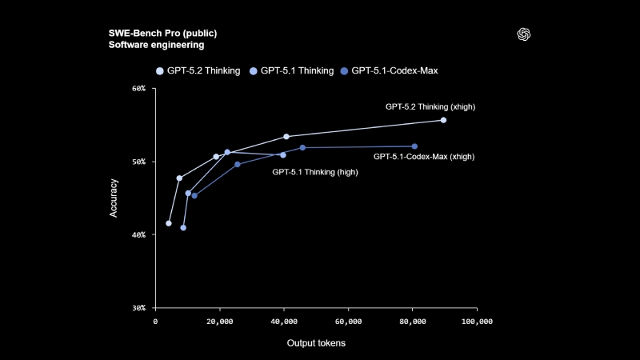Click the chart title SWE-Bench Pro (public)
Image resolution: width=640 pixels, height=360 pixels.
pos(162,33)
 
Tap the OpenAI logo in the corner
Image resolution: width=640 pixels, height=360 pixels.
pos(525,34)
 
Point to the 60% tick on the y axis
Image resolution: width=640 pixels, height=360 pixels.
pos(138,88)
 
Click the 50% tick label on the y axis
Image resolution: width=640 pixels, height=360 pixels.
pos(138,162)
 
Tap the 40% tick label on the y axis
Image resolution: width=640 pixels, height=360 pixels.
pos(138,234)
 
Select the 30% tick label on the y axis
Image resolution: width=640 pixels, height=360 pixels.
pos(138,308)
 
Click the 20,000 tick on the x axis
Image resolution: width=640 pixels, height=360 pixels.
pos(219,321)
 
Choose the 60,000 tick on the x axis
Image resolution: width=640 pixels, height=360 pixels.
pos(348,321)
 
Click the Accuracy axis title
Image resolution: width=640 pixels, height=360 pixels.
pos(114,198)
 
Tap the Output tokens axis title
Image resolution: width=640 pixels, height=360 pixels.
pos(316,343)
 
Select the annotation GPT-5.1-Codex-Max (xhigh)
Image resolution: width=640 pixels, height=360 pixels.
pos(424,157)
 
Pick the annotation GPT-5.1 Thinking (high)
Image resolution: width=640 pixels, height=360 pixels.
pos(315,171)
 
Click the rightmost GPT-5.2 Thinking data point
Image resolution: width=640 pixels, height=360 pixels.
pos(443,120)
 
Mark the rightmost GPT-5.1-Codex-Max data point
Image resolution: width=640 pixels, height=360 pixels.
pos(414,146)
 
